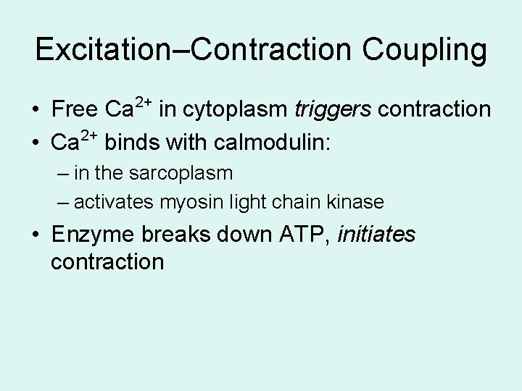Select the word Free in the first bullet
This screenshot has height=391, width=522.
[75, 109]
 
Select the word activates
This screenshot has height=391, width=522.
[115, 202]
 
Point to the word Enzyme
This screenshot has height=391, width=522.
[92, 235]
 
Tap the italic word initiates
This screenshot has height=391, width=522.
[377, 235]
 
